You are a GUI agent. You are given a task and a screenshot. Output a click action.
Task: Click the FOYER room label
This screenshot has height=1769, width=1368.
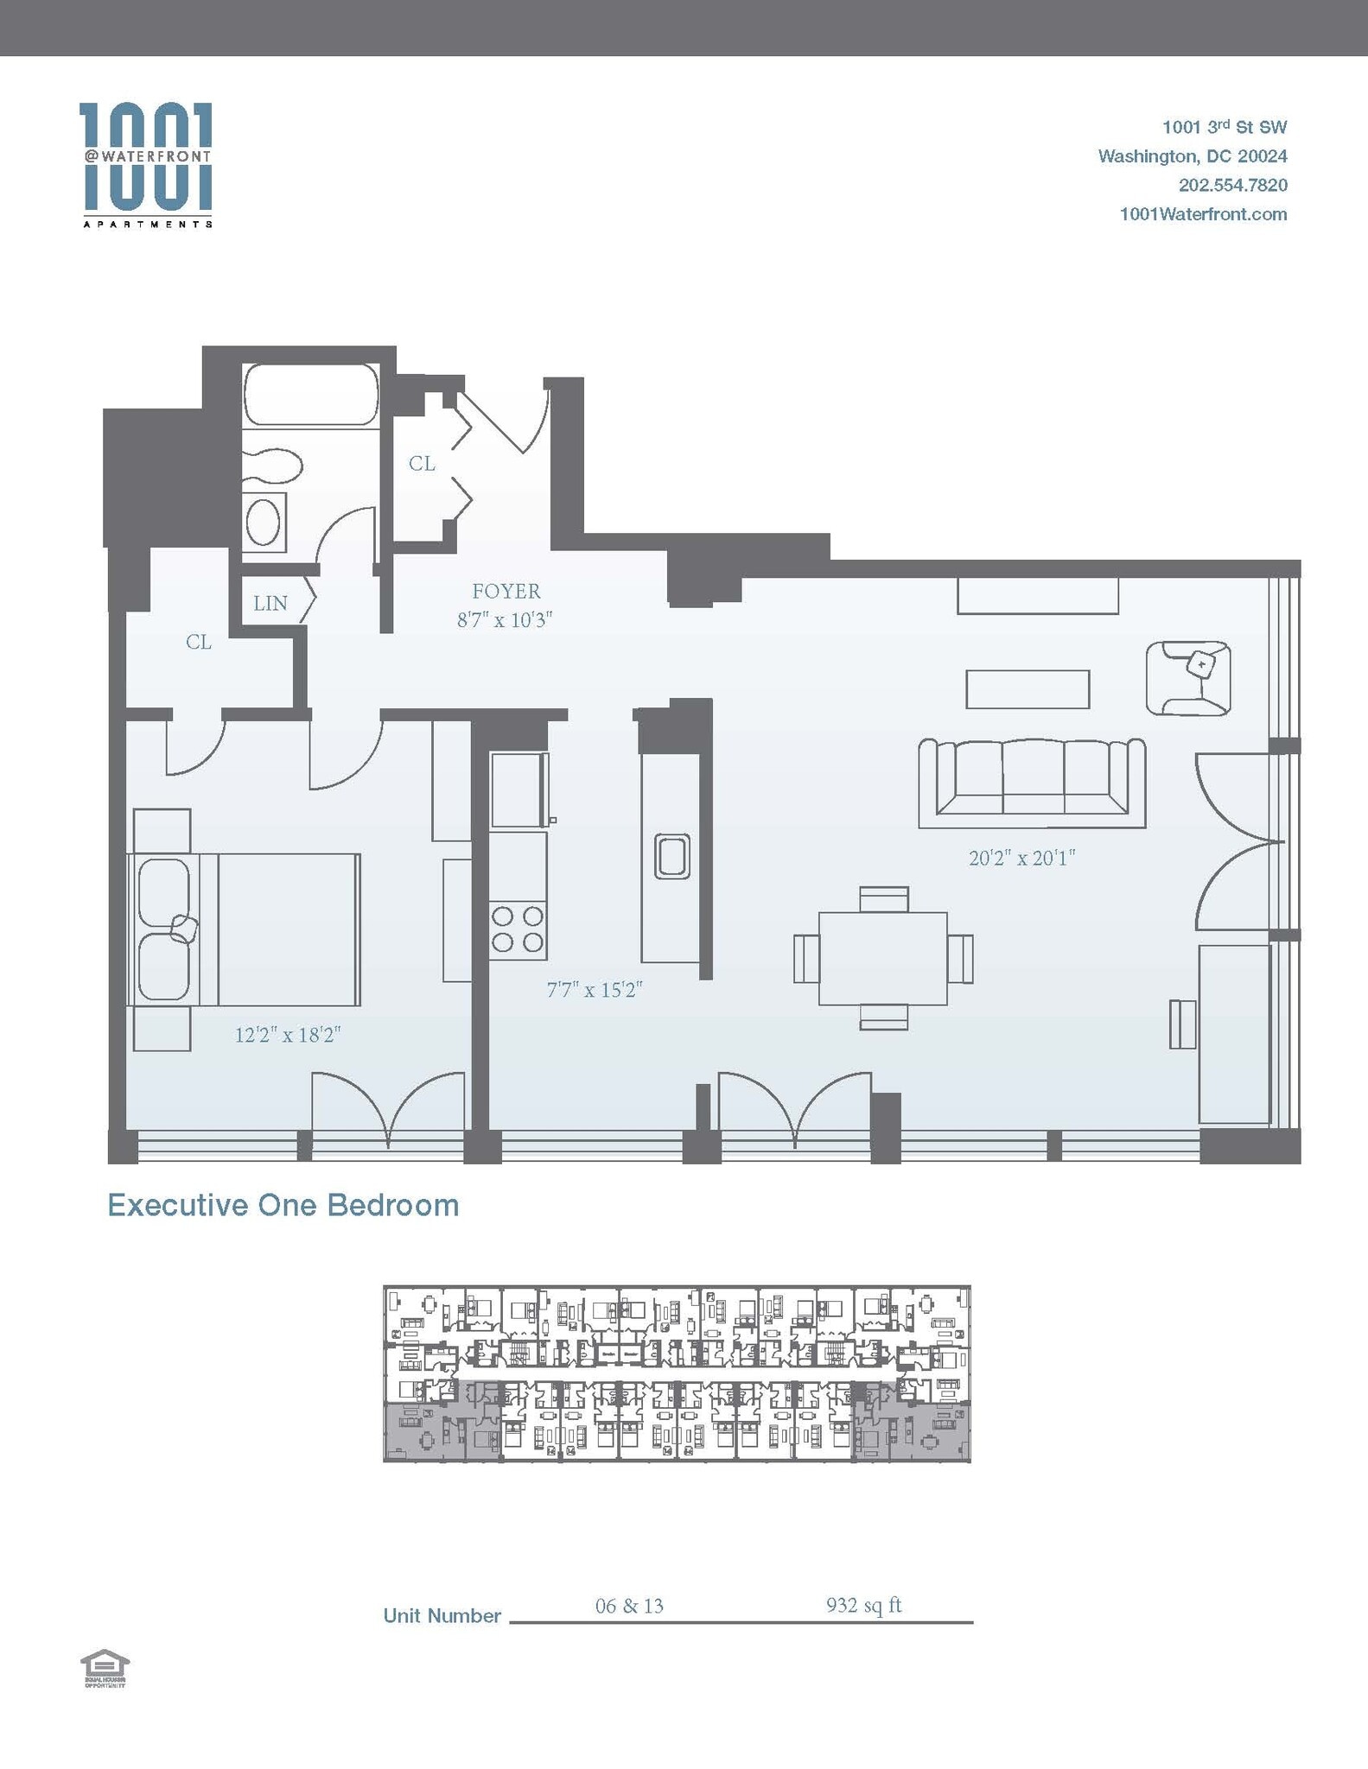(x=506, y=592)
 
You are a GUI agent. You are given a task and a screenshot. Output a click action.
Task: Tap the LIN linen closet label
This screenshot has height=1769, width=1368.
(x=270, y=603)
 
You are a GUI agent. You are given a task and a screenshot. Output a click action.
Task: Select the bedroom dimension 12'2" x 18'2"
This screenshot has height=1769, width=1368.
(x=288, y=1035)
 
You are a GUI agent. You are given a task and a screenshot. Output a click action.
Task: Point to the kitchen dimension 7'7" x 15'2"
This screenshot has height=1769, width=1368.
(x=595, y=990)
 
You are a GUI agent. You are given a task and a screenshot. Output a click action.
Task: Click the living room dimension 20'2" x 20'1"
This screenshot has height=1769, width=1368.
(x=1021, y=858)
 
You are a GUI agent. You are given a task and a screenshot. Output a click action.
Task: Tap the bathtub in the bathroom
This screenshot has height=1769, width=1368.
(x=311, y=395)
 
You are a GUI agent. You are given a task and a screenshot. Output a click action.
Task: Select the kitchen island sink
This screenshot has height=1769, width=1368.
(x=671, y=856)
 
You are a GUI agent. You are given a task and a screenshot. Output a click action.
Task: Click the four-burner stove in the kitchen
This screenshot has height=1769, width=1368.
(x=518, y=929)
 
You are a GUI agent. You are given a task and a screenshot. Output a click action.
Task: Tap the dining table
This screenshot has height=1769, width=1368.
(x=882, y=958)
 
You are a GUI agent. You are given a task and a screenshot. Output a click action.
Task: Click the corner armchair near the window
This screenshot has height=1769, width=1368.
(x=1188, y=678)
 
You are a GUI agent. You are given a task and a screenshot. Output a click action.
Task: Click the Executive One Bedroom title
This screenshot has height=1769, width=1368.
(x=283, y=1205)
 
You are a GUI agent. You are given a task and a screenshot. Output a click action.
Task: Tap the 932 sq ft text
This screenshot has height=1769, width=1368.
(x=863, y=1605)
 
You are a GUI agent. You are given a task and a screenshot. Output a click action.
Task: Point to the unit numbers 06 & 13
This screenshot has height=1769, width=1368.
(x=629, y=1606)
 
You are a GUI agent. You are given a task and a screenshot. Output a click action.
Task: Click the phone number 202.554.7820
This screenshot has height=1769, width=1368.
(x=1232, y=185)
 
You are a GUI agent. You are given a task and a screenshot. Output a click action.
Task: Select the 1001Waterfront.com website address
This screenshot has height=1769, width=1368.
(x=1203, y=214)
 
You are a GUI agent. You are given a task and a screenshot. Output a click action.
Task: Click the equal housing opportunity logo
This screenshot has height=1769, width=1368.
(x=105, y=1668)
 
